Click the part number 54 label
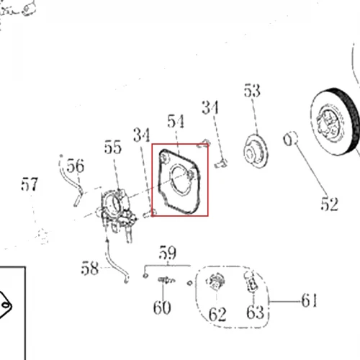pyautogui.click(x=176, y=121)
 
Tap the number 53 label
pyautogui.click(x=252, y=91)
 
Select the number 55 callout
pyautogui.click(x=113, y=147)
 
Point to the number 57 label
pyautogui.click(x=30, y=184)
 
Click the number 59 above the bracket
pyautogui.click(x=168, y=253)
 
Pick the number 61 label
pyautogui.click(x=309, y=300)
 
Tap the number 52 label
pyautogui.click(x=330, y=204)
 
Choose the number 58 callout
pyautogui.click(x=90, y=268)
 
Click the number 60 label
pyautogui.click(x=162, y=307)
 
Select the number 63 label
pyautogui.click(x=255, y=312)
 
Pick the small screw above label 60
pyautogui.click(x=166, y=280)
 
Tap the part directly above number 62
pyautogui.click(x=216, y=281)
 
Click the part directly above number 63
pyautogui.click(x=251, y=282)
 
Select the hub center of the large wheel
pyautogui.click(x=329, y=122)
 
